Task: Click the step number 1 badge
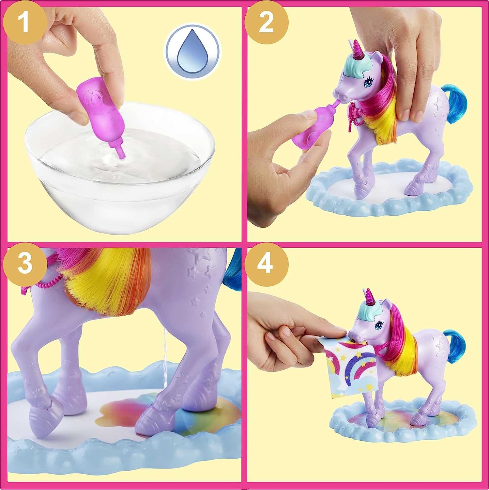(x=25, y=20)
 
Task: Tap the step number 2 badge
(x=267, y=20)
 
